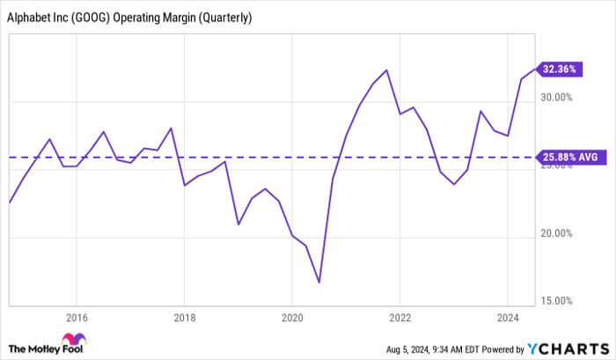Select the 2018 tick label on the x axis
pos(184,317)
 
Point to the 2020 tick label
pos(292,317)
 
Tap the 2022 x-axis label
pos(400,317)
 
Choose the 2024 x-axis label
pos(508,317)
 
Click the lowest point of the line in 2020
pos(319,283)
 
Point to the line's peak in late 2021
pos(387,70)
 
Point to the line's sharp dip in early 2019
pos(238,224)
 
